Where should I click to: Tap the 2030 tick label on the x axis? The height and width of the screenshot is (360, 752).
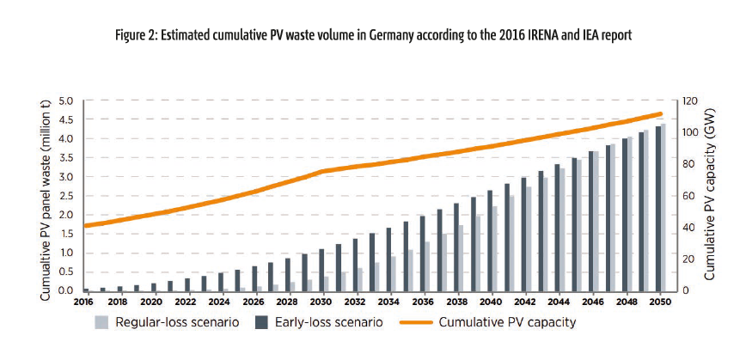pos(321,302)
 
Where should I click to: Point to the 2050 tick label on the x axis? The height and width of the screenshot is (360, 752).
pos(660,302)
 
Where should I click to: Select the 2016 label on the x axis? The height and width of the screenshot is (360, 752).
pos(83,302)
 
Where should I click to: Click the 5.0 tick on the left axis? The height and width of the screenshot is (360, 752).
pos(68,101)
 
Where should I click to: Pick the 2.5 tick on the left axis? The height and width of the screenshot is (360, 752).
pos(68,196)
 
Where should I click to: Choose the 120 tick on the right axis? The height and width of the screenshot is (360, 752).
pos(689,101)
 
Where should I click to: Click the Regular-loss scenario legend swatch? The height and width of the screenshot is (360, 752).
pos(101,323)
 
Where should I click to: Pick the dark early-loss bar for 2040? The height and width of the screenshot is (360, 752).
pos(489,241)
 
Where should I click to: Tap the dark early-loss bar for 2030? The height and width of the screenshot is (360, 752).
pos(321,270)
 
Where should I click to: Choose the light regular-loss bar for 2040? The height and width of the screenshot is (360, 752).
pos(495,248)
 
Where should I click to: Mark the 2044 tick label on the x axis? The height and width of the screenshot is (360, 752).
pos(558,302)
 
